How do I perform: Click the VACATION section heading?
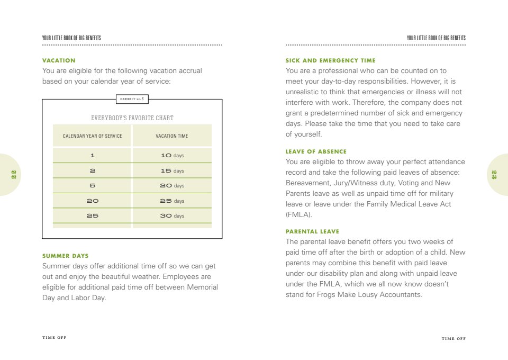[x=59, y=60]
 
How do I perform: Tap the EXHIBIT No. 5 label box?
[x=132, y=98]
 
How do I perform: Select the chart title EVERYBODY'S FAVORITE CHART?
[x=132, y=118]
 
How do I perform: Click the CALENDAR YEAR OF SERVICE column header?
[x=92, y=136]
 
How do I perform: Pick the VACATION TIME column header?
[x=171, y=136]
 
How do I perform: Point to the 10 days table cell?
[x=172, y=156]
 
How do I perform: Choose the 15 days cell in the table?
[x=172, y=171]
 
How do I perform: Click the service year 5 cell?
[x=92, y=186]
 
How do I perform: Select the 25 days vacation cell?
[x=172, y=201]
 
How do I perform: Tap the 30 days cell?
[x=172, y=216]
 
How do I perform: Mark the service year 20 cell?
[x=92, y=201]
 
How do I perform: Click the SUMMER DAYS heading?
[x=65, y=256]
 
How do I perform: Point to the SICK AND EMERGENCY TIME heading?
[x=330, y=60]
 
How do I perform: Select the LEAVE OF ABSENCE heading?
[x=316, y=151]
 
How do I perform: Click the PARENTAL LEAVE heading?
[x=312, y=231]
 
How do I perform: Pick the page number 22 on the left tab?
[x=14, y=175]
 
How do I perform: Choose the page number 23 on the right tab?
[x=494, y=175]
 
